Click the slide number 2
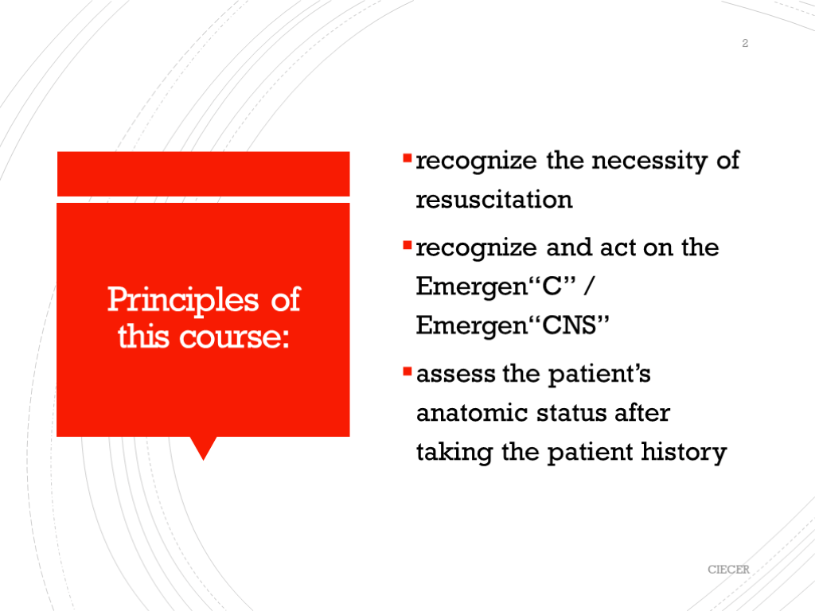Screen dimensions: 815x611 (745, 43)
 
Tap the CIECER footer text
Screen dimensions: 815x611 (728, 570)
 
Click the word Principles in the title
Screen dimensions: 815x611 (183, 301)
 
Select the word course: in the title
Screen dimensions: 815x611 (234, 337)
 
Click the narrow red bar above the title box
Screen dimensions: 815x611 (203, 174)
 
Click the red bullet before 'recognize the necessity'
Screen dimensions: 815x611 (407, 158)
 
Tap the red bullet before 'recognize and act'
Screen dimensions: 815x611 (407, 245)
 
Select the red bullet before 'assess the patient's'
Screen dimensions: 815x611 (407, 371)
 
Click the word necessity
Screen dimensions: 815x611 (649, 161)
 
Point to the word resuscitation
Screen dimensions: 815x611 (494, 200)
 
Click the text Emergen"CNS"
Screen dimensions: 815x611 (513, 325)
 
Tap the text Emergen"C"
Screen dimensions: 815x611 (496, 286)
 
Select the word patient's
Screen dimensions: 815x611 (599, 374)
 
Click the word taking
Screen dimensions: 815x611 (454, 452)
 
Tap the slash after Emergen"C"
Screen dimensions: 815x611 (589, 286)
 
